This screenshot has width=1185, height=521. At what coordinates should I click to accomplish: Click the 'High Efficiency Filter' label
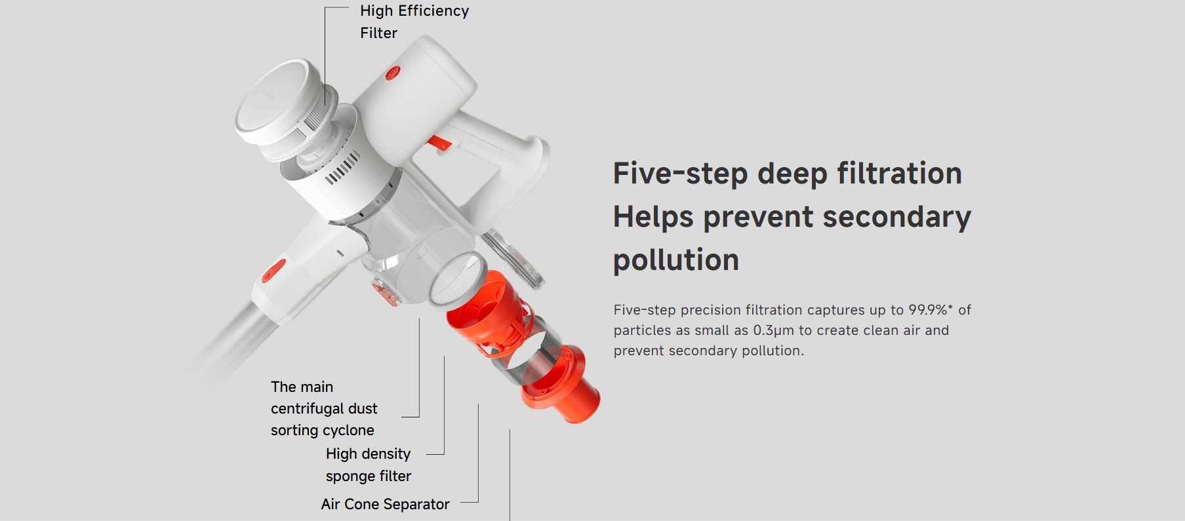(x=414, y=22)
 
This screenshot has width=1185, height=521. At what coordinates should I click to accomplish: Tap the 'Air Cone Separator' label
(x=385, y=504)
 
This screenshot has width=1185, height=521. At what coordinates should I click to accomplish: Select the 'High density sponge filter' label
(x=369, y=465)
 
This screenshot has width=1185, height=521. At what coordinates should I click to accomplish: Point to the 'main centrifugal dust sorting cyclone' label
(x=324, y=408)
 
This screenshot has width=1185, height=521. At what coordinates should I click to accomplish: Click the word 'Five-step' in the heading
(x=680, y=174)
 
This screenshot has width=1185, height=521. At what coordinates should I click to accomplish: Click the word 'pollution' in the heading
(x=676, y=260)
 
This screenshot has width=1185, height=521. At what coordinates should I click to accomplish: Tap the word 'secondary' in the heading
(x=897, y=217)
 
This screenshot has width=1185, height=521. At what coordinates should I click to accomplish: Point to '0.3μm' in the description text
(x=773, y=330)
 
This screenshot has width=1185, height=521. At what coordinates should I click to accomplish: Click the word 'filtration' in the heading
(x=899, y=174)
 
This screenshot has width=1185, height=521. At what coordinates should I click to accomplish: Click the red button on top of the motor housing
(x=392, y=73)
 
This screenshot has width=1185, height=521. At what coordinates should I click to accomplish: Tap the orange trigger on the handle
(x=439, y=142)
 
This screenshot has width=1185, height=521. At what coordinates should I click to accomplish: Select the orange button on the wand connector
(x=273, y=270)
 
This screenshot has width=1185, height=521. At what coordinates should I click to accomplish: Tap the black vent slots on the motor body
(x=343, y=167)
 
